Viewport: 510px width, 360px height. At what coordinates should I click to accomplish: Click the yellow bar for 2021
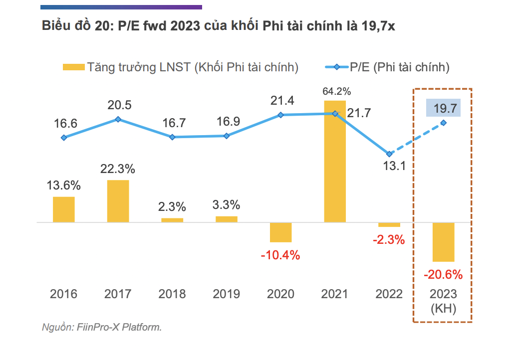point(334,161)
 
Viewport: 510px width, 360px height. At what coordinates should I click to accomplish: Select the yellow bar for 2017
point(118,201)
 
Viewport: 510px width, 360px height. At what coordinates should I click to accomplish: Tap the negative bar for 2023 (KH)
point(443,242)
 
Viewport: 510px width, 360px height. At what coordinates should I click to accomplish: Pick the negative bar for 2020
point(280,232)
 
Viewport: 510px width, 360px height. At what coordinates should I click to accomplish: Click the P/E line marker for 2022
point(389,154)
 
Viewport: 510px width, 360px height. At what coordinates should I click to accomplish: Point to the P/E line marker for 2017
point(118,119)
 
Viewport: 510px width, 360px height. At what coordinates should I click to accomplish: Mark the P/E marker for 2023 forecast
point(443,123)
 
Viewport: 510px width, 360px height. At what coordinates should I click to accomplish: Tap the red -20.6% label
point(443,274)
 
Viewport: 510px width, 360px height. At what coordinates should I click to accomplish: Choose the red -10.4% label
point(280,256)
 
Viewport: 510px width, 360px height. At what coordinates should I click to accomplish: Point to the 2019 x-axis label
point(226,294)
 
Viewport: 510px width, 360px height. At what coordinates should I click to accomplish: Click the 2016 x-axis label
point(64,294)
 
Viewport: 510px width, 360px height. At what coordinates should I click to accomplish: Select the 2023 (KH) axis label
point(443,301)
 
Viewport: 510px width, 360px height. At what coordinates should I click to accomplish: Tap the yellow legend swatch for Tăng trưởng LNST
point(73,67)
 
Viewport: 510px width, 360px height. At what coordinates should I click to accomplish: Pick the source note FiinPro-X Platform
point(102,328)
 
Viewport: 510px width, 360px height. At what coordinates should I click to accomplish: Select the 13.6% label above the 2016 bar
point(64,186)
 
